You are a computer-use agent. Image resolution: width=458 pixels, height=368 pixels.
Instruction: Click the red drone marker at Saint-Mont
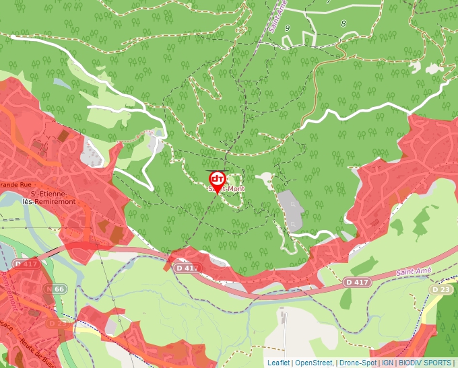click(x=218, y=180)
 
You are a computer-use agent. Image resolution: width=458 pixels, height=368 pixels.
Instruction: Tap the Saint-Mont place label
click(x=226, y=190)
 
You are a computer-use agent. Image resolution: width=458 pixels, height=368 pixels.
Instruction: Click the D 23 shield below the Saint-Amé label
click(x=441, y=289)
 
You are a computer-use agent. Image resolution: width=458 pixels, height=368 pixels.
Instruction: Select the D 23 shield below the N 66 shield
click(x=57, y=323)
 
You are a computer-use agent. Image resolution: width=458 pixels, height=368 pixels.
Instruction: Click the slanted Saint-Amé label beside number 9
click(x=277, y=16)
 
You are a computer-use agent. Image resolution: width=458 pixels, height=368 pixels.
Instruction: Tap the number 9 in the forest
click(x=288, y=28)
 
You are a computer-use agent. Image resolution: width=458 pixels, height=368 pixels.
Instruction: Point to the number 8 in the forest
click(x=343, y=24)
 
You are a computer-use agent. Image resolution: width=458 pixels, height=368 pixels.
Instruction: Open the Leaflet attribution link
click(x=278, y=363)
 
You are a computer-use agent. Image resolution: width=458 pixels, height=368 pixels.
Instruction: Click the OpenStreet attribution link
click(x=313, y=363)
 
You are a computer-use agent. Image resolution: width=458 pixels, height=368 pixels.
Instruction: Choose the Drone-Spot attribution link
click(x=358, y=363)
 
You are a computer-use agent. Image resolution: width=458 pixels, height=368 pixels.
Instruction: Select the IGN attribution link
click(x=388, y=363)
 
